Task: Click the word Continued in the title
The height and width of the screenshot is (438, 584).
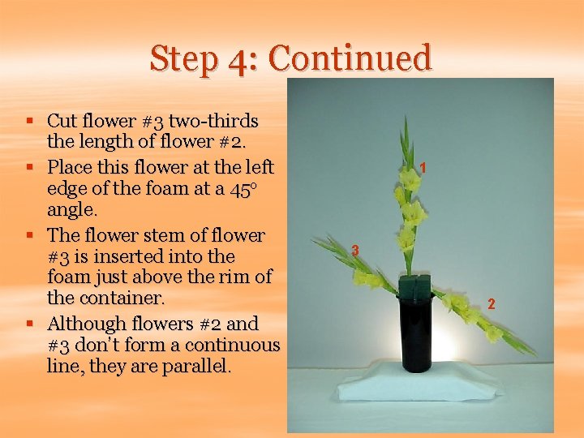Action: (x=350, y=58)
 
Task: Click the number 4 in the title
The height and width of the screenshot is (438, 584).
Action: (x=241, y=58)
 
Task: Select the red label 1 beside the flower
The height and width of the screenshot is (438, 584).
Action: (x=423, y=168)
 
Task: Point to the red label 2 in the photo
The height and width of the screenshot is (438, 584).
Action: (x=490, y=304)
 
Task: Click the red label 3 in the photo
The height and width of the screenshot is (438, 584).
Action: (x=355, y=251)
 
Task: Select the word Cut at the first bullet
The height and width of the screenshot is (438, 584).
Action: (x=61, y=122)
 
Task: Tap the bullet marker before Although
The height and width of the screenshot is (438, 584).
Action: (x=29, y=324)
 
